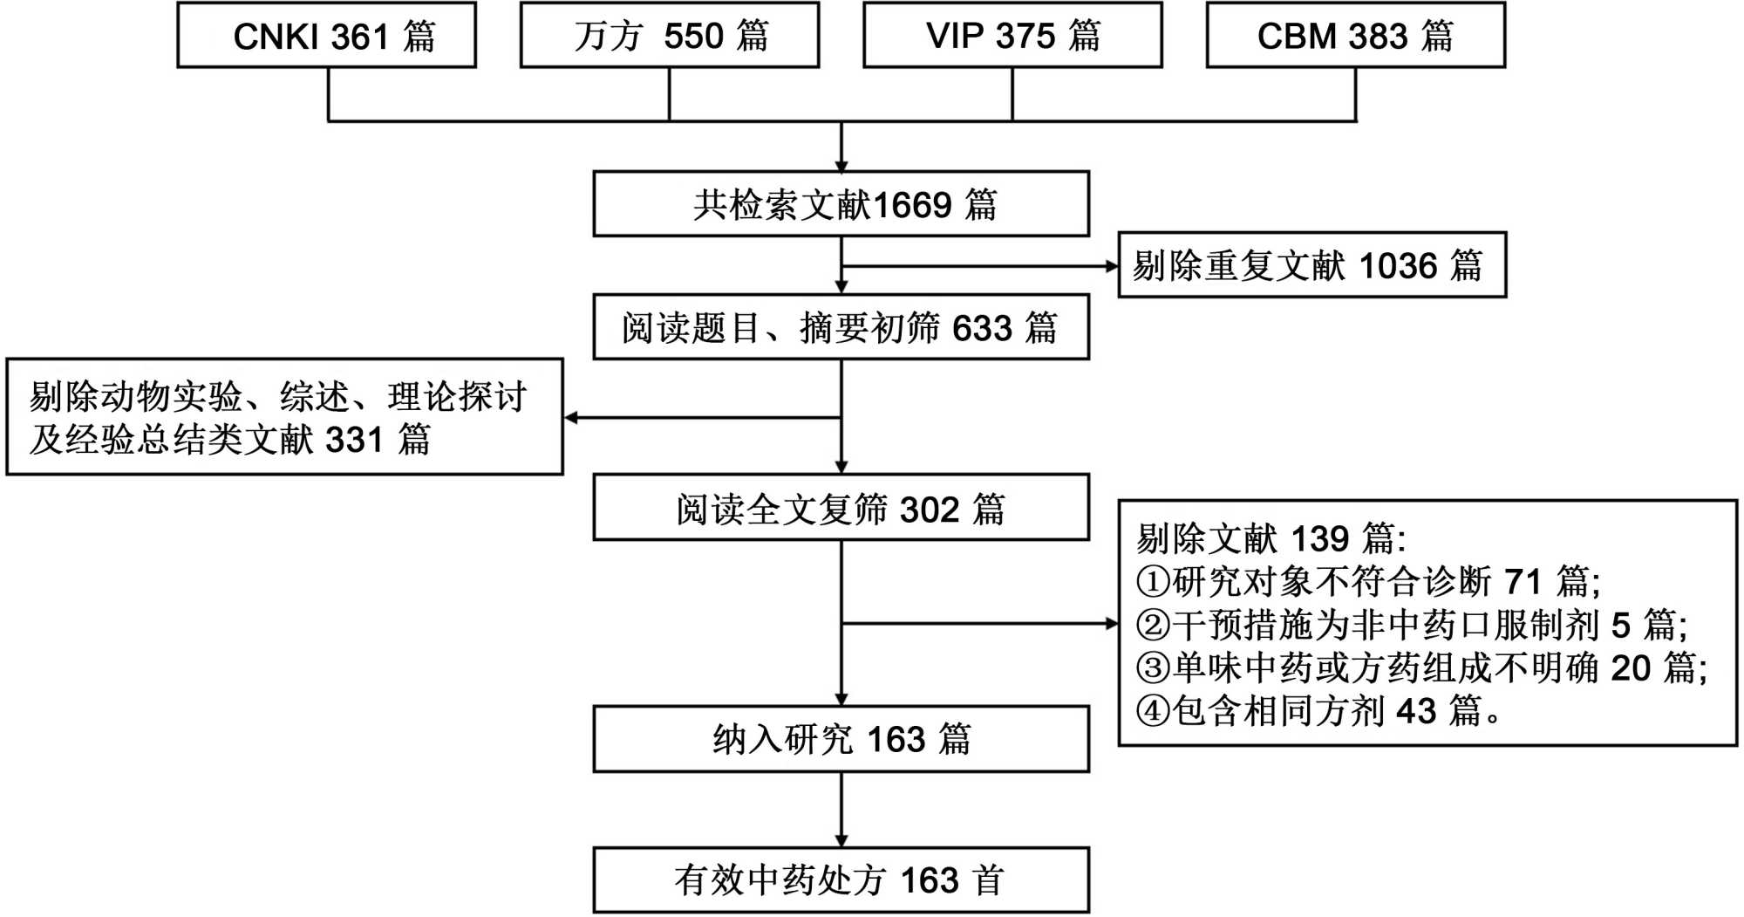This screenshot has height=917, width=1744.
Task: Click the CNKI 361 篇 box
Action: pos(326,36)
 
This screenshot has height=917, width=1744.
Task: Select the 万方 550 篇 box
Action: pos(670,36)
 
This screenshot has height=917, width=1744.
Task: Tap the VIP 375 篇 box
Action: pos(1012,36)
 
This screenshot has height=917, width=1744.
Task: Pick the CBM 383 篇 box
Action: pos(1355,36)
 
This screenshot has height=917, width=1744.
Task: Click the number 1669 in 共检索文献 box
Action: pos(912,205)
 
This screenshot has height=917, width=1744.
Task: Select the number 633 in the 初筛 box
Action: pos(982,329)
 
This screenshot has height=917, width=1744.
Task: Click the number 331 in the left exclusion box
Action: pos(354,440)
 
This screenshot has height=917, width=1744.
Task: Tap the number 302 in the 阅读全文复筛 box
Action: pos(929,510)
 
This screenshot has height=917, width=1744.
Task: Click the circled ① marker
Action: pos(1152,581)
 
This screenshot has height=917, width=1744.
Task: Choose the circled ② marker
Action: pos(1152,625)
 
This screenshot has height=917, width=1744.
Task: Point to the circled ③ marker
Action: pos(1152,668)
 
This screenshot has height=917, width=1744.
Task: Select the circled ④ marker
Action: pos(1152,711)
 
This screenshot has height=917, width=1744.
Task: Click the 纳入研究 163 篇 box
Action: pos(841,739)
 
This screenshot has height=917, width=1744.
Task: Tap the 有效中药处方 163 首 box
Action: pos(841,879)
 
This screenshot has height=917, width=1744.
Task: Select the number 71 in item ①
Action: pos(1523,581)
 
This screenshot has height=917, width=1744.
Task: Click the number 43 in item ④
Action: pos(1415,711)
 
